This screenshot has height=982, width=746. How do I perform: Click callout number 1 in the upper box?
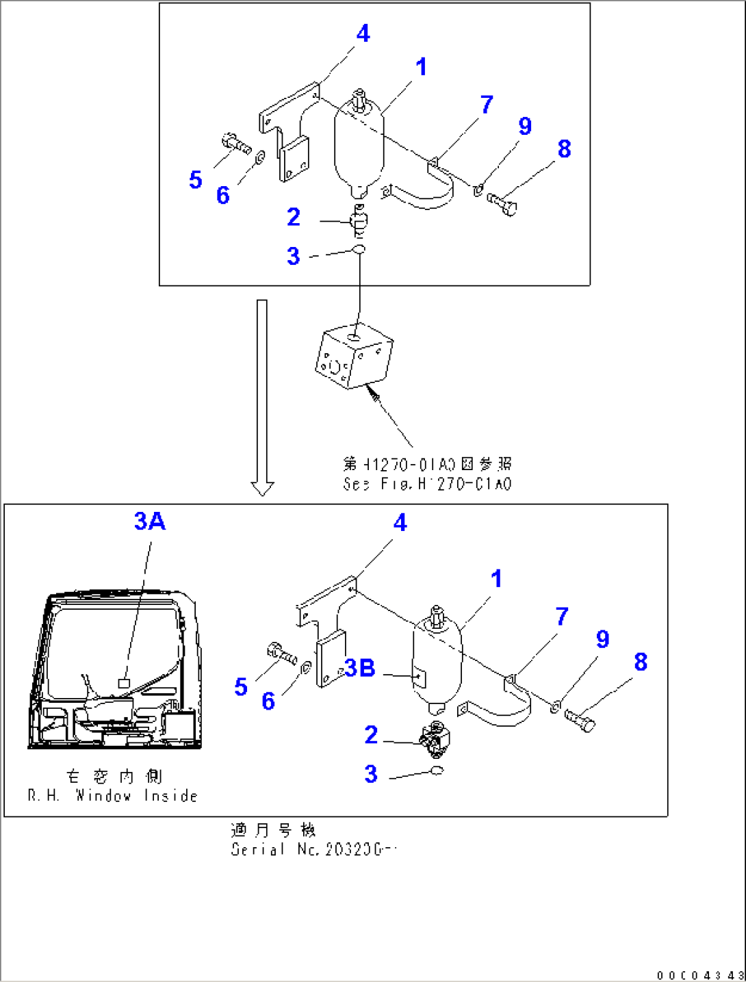coord(421,67)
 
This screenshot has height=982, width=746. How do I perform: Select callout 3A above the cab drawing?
coord(150,521)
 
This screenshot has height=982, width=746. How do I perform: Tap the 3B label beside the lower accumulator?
coord(360,668)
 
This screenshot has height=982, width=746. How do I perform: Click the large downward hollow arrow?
coord(262,397)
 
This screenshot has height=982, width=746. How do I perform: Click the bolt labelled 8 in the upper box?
coord(502,203)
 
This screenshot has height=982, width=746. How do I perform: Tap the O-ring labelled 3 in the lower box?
coord(437,771)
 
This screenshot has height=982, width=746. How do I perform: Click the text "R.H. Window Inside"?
coord(113,796)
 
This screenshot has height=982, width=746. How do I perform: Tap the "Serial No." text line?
coord(313,849)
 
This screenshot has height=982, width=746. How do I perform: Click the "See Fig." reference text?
coord(427,484)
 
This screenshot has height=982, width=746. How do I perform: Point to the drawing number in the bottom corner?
coord(699,975)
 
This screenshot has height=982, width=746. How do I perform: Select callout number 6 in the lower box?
coord(268,701)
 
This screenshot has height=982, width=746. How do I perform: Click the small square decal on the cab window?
coord(124,683)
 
